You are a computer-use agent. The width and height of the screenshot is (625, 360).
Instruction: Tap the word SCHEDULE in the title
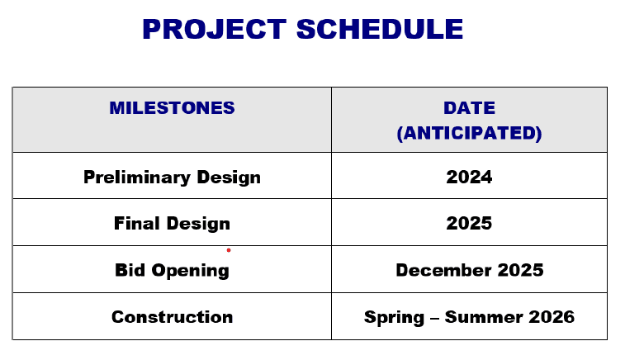pyautogui.click(x=379, y=30)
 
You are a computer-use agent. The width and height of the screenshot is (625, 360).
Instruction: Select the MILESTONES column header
pyautogui.click(x=172, y=108)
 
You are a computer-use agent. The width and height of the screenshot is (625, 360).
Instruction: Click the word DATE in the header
pyautogui.click(x=469, y=108)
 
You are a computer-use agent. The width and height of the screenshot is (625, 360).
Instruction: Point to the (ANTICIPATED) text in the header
pyautogui.click(x=469, y=134)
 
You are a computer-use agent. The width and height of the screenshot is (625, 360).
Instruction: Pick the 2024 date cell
pyautogui.click(x=469, y=178)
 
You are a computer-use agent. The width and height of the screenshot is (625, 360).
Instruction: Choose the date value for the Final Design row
pyautogui.click(x=469, y=224)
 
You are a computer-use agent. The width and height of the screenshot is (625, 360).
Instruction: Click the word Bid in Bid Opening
pyautogui.click(x=130, y=271)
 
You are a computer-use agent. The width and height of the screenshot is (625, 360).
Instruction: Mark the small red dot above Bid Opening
pyautogui.click(x=229, y=250)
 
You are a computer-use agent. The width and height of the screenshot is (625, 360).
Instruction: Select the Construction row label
pyautogui.click(x=172, y=317)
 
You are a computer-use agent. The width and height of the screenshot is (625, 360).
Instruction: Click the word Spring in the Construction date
pyautogui.click(x=392, y=318)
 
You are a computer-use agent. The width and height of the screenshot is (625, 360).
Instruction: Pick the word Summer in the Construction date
pyautogui.click(x=484, y=317)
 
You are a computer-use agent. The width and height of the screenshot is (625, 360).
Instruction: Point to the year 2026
pyautogui.click(x=552, y=317)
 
